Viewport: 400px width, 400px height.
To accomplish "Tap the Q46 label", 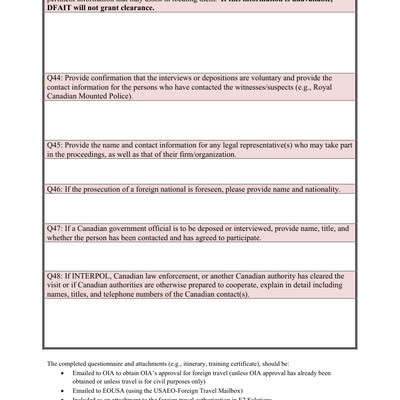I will click(x=58, y=189).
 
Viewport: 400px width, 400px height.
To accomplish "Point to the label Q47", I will click(x=58, y=229).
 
